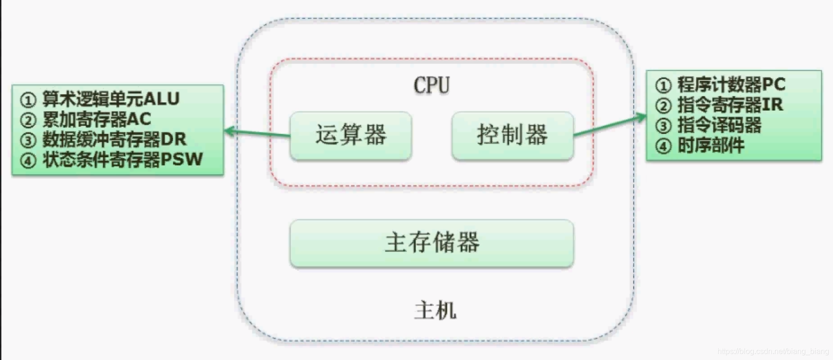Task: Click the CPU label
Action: coord(432,85)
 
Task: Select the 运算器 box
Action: coord(351,135)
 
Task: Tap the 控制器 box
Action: coord(512,135)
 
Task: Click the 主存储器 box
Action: coord(432,243)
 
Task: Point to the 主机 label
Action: coord(435,311)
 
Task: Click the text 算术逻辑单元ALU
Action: coord(111,99)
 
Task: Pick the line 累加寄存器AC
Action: coord(96,119)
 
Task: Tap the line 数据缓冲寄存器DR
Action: coord(114,139)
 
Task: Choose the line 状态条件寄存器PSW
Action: coord(123,159)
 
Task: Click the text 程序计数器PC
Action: coord(731,85)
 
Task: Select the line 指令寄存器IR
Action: coord(730,105)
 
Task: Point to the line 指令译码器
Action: coord(719,125)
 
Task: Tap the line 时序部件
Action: coord(711,146)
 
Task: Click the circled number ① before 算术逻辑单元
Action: coord(28,100)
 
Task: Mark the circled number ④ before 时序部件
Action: coord(663,146)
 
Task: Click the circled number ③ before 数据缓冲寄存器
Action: coord(28,140)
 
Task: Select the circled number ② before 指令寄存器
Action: coord(663,106)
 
